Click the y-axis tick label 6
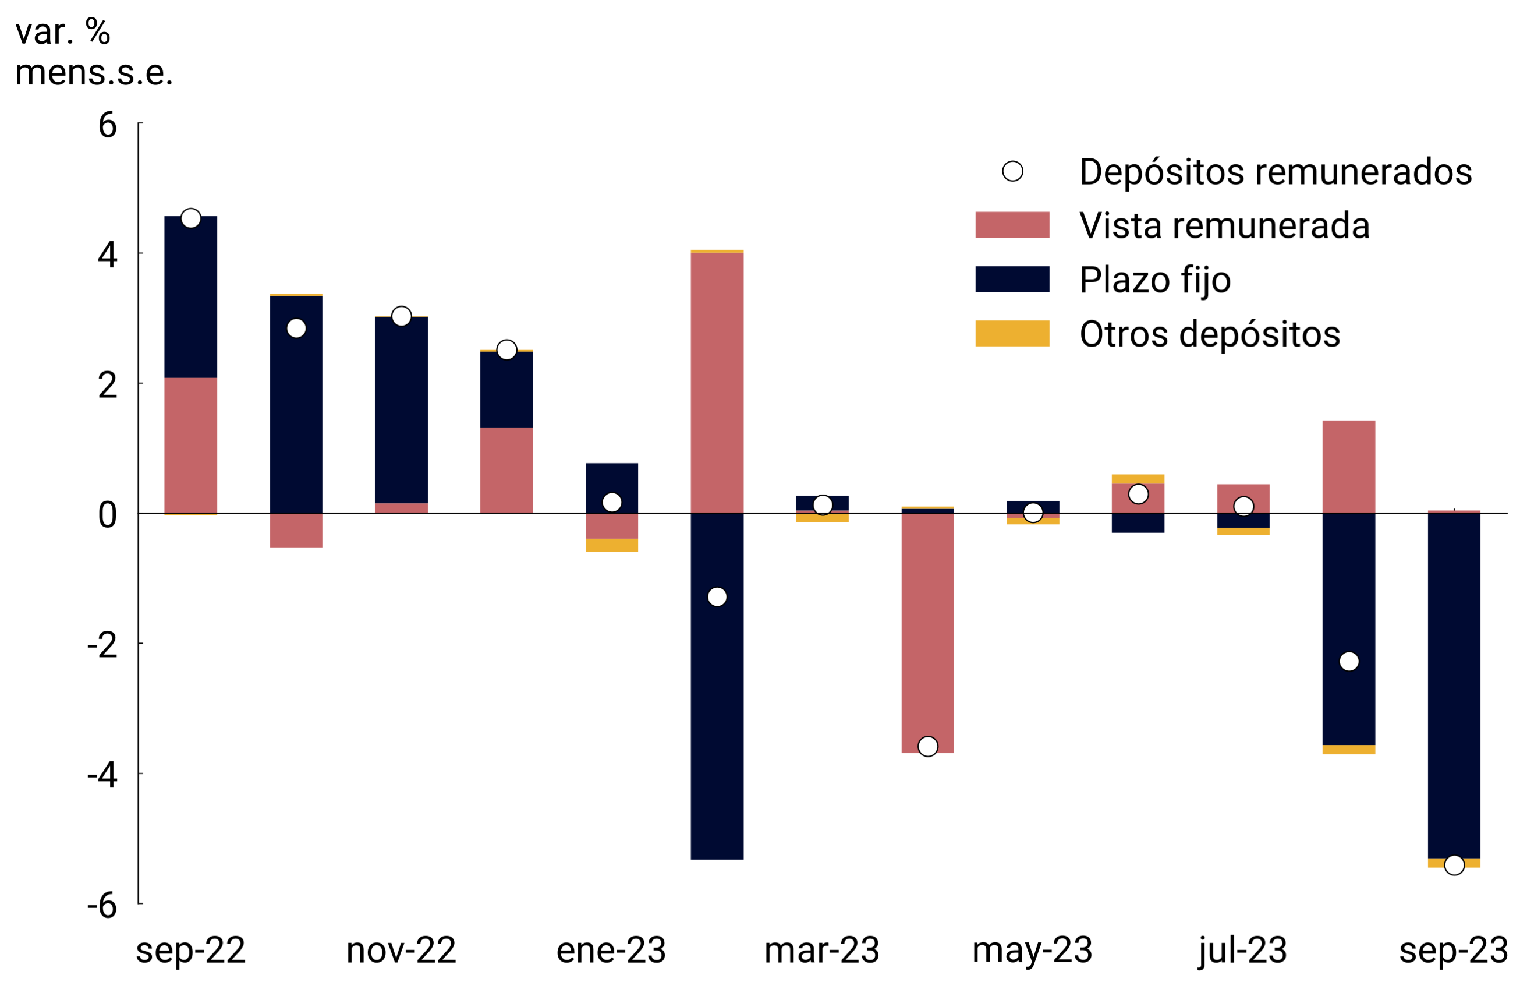pyautogui.click(x=107, y=125)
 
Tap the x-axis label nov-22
pyautogui.click(x=401, y=951)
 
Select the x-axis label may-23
pyautogui.click(x=1032, y=951)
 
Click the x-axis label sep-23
pyautogui.click(x=1453, y=951)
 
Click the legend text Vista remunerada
pyautogui.click(x=1224, y=226)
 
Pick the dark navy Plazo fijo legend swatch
pyautogui.click(x=1012, y=279)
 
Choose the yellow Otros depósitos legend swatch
pyautogui.click(x=1012, y=334)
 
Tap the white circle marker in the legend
pyautogui.click(x=1012, y=171)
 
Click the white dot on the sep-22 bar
pyautogui.click(x=190, y=219)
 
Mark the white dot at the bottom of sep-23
pyautogui.click(x=1454, y=865)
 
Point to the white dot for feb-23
pyautogui.click(x=717, y=597)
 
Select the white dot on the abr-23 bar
pyautogui.click(x=928, y=746)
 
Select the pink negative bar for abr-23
pyautogui.click(x=928, y=629)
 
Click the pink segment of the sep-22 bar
pyautogui.click(x=190, y=446)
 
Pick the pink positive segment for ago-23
pyautogui.click(x=1349, y=467)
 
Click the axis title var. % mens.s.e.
pyautogui.click(x=94, y=52)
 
